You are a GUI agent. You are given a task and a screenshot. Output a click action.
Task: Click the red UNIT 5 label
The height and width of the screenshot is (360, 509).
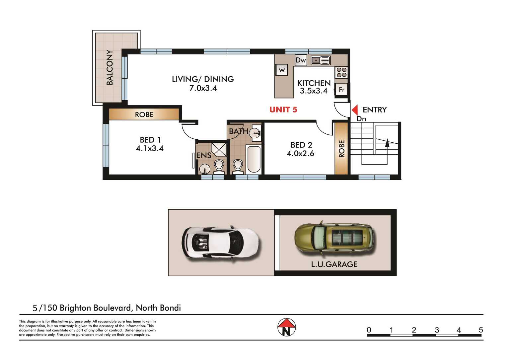coord(283,110)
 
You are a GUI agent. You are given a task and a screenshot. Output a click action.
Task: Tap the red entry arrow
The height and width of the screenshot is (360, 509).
coord(355,110)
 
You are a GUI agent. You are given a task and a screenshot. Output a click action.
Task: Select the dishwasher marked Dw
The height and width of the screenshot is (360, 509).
coord(301,60)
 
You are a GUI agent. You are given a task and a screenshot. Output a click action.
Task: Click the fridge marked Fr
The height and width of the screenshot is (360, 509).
coord(341,90)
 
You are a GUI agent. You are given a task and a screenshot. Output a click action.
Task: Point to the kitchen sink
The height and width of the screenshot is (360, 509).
coord(321,60)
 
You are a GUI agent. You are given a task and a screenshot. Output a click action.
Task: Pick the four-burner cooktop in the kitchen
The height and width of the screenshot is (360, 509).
coord(341,72)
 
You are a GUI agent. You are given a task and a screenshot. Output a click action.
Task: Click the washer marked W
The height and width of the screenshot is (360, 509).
coord(281,70)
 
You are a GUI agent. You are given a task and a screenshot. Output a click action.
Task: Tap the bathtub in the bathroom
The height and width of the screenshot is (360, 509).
coord(254,159)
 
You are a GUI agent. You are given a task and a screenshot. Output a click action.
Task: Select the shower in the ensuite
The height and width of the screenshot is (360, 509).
coord(219,149)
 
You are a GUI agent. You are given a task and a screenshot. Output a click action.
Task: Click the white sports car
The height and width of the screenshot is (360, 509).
coord(220,243)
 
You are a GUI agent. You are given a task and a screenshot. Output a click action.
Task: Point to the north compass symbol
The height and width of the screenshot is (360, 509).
coord(287,327)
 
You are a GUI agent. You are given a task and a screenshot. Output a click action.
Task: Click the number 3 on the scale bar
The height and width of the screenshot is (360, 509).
coord(437,330)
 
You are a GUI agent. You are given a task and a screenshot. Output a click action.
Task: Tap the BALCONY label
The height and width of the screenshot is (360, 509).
coord(110,67)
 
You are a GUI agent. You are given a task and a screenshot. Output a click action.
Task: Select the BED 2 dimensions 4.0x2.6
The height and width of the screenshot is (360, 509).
coord(300,154)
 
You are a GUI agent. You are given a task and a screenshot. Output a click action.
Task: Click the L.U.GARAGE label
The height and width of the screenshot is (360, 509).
coord(334,264)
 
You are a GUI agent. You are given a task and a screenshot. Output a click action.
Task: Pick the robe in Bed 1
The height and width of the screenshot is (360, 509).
coord(144,114)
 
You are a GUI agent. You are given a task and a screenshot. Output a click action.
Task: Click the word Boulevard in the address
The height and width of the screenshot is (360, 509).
coord(113,308)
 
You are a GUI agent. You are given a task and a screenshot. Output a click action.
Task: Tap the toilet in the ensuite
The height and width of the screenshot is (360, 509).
coord(219,167)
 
